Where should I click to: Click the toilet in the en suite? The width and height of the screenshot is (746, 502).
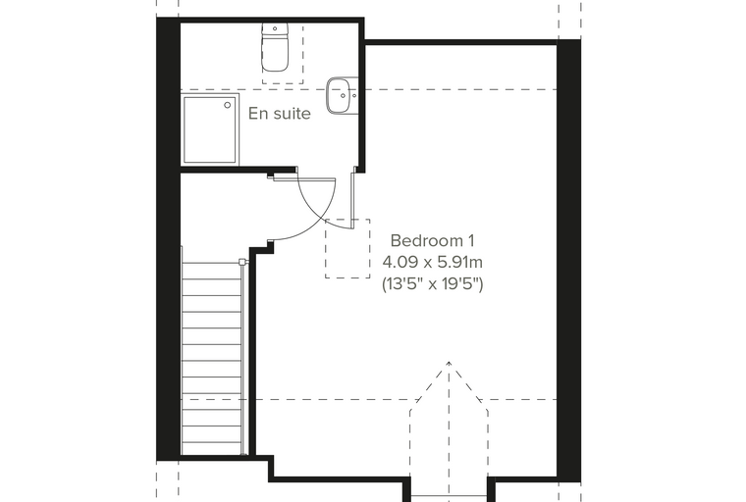[275, 47]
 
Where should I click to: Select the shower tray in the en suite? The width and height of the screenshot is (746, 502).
[209, 129]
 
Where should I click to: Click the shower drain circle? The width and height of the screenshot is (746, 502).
[228, 105]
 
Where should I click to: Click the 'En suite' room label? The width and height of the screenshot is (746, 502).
[280, 114]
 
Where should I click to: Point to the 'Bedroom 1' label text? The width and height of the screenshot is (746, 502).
[432, 240]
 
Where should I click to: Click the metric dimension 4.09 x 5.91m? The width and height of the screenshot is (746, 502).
[433, 262]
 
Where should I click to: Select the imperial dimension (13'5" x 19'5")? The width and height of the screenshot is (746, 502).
[433, 284]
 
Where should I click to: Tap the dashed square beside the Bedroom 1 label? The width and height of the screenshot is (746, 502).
[347, 249]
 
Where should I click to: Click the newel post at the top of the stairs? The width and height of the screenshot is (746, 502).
[242, 262]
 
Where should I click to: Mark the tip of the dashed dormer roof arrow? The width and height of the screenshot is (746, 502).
[449, 362]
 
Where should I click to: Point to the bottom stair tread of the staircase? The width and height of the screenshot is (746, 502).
[212, 447]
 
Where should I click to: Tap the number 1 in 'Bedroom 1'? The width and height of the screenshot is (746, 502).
[470, 240]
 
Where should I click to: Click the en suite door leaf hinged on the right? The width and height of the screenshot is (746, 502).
[353, 200]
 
